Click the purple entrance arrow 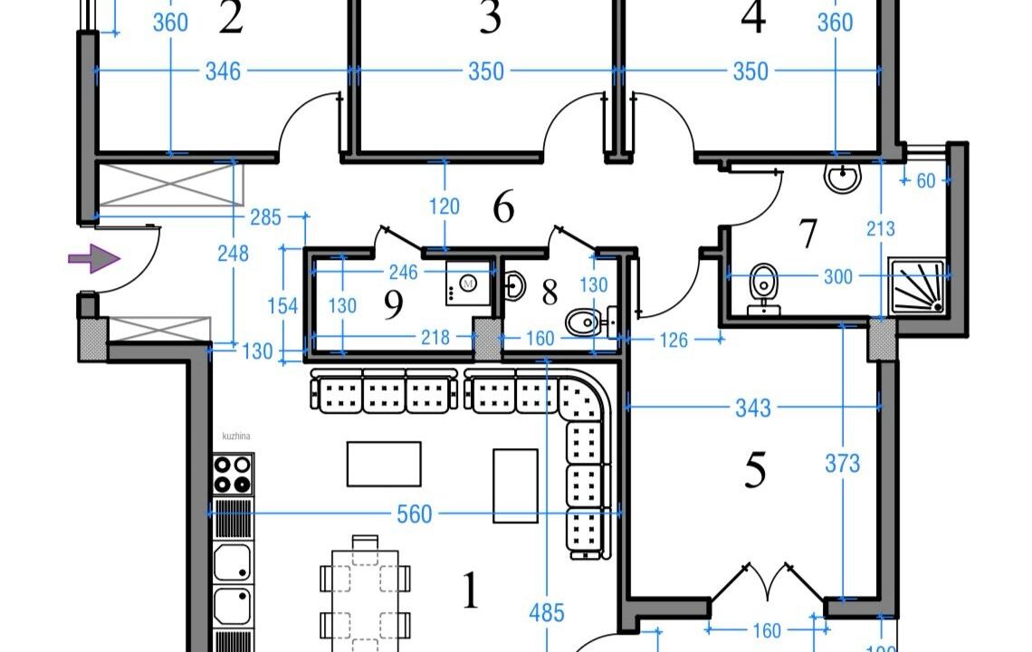coord(93,259)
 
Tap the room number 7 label coord(807,234)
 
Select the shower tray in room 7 coord(917,286)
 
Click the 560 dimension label coord(415,515)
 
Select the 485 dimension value coord(546,613)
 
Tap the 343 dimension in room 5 coord(752,408)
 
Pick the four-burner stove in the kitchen coord(233,473)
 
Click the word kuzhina coord(235,436)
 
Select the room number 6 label coord(503,208)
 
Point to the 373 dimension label coord(842,465)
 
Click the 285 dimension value coord(265,217)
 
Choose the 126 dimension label coord(674,340)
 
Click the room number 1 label coord(470,592)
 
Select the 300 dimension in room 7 coord(837,276)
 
